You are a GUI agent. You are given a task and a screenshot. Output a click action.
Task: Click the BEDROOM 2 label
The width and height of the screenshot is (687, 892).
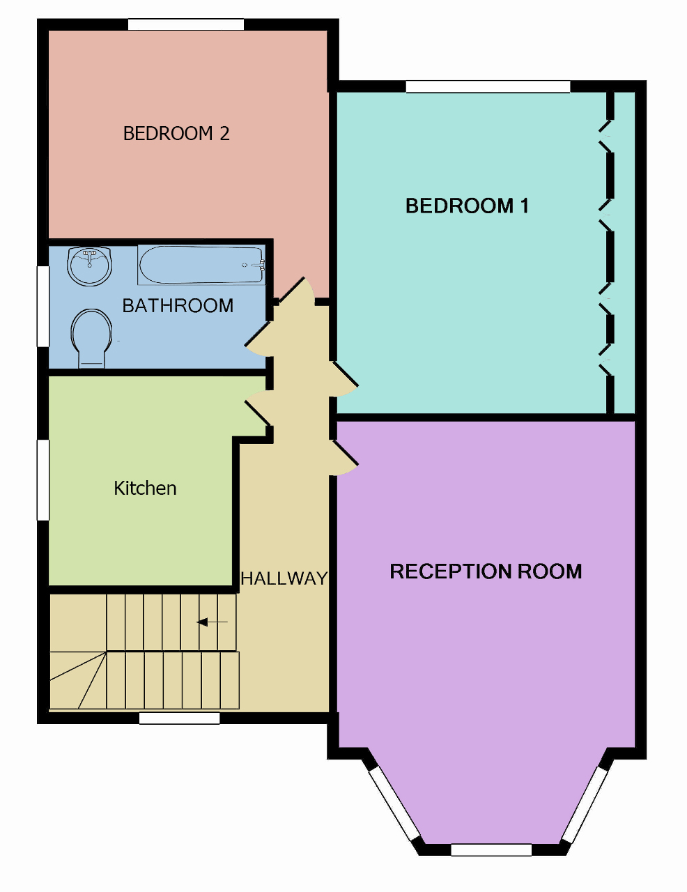[176, 133]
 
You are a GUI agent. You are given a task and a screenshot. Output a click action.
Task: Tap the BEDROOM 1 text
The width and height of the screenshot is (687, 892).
[467, 206]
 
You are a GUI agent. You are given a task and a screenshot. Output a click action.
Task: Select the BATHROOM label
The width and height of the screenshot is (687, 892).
[178, 305]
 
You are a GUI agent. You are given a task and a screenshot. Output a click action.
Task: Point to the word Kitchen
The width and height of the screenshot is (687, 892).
[145, 488]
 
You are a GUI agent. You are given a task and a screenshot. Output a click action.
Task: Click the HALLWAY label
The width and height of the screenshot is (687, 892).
[284, 578]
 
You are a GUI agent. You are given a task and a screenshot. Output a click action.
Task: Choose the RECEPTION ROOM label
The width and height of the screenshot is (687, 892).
[486, 571]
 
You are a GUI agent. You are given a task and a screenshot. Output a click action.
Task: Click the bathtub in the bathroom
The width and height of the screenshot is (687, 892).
[201, 265]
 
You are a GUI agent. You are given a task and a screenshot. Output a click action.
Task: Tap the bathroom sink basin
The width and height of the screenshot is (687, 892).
[89, 266]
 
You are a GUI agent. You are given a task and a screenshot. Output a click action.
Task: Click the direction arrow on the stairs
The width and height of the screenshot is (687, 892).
[213, 622]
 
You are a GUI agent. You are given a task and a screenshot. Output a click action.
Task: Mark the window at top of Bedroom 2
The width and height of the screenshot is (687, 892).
[185, 24]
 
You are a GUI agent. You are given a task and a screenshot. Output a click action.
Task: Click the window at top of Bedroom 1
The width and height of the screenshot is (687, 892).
[488, 86]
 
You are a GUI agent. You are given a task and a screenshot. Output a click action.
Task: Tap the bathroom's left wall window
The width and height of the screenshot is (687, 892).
[43, 306]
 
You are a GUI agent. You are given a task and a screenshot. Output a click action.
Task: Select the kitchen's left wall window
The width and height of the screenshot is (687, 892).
[43, 479]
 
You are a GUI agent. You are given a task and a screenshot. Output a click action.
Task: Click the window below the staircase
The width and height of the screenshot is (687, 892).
[179, 718]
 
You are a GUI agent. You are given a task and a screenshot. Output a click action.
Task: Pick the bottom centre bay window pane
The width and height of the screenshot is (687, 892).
[491, 849]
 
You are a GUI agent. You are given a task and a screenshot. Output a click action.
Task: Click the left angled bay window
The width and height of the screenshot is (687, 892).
[394, 803]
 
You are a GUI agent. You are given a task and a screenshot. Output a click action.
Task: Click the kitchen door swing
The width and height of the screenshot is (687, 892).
[258, 408]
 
